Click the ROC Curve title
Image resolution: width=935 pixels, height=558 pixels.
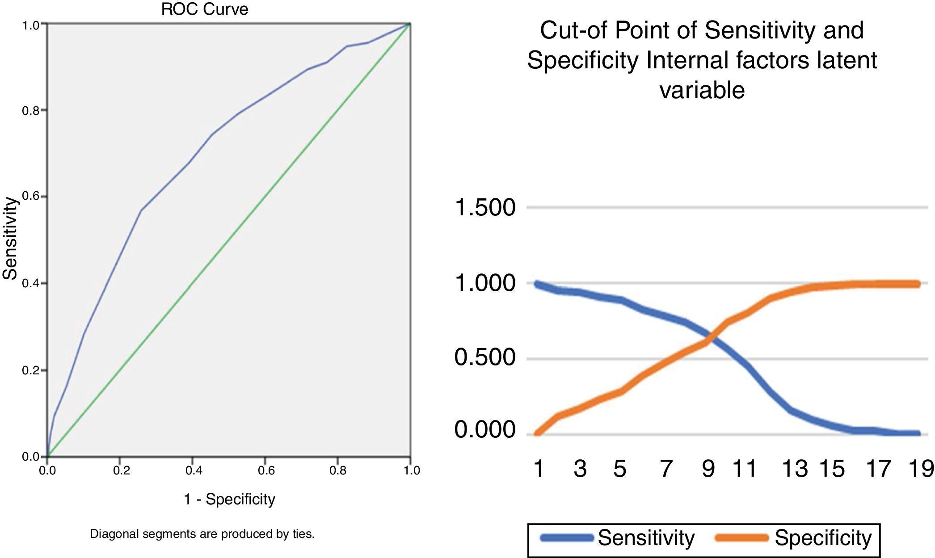204,9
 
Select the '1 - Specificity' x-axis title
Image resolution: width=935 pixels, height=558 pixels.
229,499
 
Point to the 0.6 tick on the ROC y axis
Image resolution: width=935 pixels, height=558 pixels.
31,197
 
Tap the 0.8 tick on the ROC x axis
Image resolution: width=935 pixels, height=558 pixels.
338,470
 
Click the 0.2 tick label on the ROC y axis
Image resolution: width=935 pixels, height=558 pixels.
31,370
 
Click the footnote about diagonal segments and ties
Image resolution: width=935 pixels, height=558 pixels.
202,534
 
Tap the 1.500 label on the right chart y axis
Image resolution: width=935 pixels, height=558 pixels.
484,208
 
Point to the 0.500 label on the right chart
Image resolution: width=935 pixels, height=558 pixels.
484,358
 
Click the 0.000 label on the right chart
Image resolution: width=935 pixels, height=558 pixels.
484,430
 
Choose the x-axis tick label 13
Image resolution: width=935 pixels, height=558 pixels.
794,469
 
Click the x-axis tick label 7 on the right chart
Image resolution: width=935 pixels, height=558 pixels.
666,469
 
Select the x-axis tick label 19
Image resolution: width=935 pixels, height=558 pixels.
921,469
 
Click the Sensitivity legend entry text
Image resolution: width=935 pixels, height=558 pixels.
646,538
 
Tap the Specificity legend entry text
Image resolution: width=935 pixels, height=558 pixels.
823,538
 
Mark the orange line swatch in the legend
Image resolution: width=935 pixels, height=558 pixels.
741,538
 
